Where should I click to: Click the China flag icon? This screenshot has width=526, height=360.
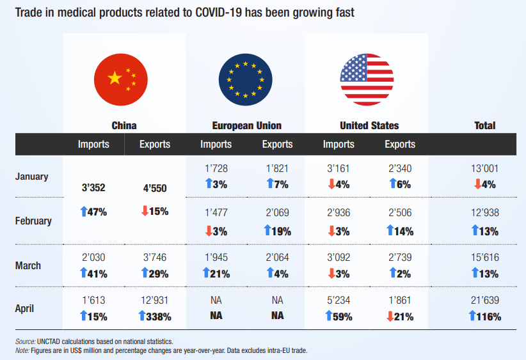click(x=121, y=80)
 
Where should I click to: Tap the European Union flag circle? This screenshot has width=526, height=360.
click(x=246, y=80)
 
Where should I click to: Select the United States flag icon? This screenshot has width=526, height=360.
click(x=367, y=80)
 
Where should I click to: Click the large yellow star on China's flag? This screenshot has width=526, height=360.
click(x=115, y=78)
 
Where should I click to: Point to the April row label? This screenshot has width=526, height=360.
click(x=24, y=308)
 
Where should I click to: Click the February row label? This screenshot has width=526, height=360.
click(x=33, y=221)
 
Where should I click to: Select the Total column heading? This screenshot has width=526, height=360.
click(x=485, y=125)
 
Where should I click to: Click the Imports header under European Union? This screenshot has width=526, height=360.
click(x=216, y=144)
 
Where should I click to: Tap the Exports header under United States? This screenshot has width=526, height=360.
click(x=400, y=144)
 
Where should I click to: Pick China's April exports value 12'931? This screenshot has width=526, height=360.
click(x=154, y=300)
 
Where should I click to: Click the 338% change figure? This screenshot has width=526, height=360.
click(x=159, y=317)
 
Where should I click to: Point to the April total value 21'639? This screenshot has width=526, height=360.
click(x=485, y=300)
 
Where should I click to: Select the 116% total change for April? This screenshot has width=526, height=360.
click(x=489, y=317)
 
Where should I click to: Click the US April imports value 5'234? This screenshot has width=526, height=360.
click(x=339, y=300)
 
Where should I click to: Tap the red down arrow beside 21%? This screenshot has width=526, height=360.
click(x=390, y=317)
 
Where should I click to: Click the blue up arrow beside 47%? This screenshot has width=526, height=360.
click(x=84, y=212)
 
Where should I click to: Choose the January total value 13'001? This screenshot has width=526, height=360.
click(x=485, y=168)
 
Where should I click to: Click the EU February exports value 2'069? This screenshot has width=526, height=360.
click(x=278, y=212)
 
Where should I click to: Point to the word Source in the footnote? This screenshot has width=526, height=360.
click(x=25, y=341)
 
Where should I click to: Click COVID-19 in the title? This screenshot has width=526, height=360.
click(x=218, y=12)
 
